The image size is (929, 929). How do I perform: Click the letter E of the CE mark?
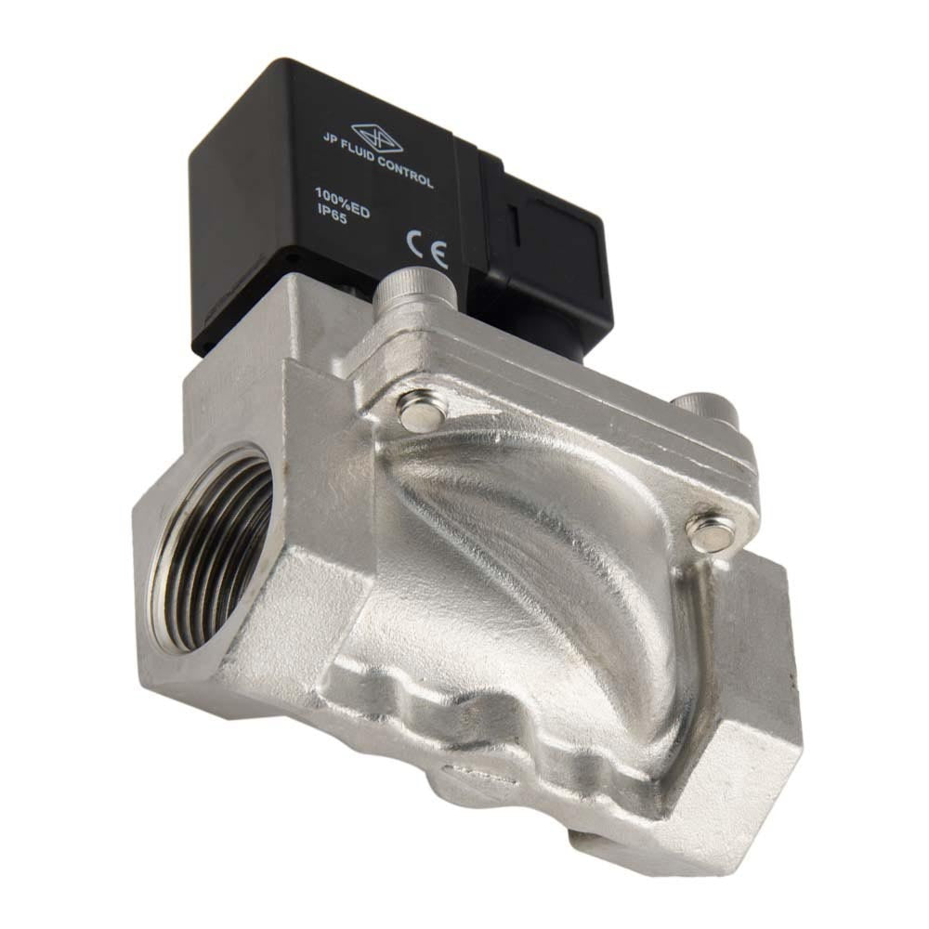tap(438, 253)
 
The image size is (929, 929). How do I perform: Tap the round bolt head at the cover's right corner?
tap(711, 530)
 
